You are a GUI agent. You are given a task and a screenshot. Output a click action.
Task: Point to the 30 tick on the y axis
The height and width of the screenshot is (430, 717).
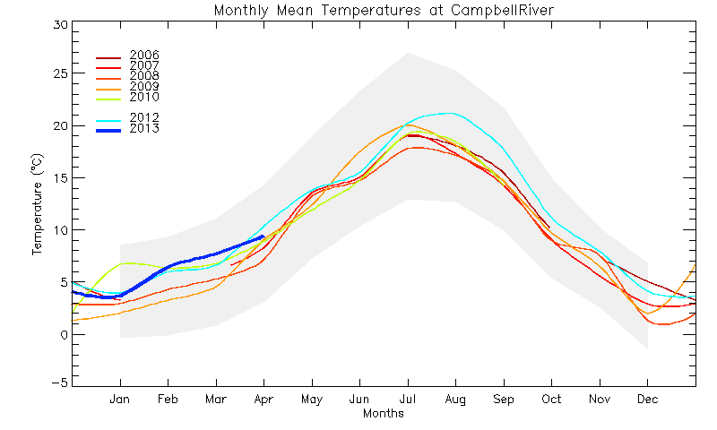59,24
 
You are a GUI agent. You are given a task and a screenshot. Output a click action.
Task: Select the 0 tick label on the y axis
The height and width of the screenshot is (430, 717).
64,334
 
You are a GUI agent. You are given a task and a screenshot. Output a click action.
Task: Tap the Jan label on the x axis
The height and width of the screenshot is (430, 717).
120,400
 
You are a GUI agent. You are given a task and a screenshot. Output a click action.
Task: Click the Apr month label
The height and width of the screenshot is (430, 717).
263,400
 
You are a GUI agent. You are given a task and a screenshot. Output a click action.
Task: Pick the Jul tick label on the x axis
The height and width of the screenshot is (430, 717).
408,400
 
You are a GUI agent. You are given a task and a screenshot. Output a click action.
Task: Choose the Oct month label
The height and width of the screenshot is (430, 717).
551,400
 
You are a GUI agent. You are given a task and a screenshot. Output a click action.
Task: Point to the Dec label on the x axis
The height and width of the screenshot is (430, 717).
647,400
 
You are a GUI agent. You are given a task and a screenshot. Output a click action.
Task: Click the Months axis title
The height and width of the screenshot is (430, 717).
383,414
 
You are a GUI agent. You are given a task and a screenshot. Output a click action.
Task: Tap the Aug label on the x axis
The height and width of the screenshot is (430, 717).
455,400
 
